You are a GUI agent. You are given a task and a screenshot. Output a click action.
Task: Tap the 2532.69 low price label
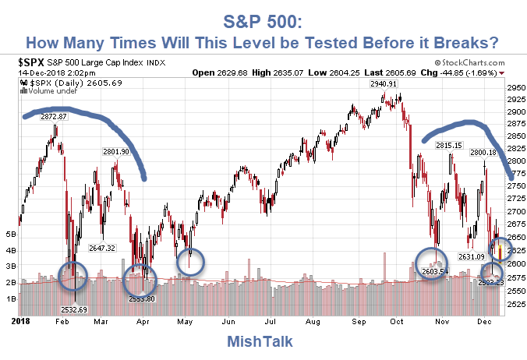pos(75,309)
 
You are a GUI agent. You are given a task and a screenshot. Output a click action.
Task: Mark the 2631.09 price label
pos(472,256)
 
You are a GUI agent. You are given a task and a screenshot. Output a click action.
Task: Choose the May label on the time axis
pos(186,320)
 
